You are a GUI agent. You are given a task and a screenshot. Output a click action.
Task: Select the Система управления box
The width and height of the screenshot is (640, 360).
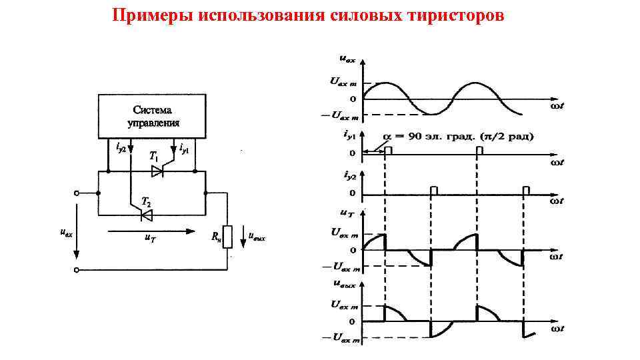(x=153, y=116)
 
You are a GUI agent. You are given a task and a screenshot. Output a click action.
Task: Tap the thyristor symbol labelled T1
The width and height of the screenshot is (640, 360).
(x=157, y=171)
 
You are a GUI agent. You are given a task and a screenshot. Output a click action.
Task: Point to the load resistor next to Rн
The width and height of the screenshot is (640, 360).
(x=227, y=236)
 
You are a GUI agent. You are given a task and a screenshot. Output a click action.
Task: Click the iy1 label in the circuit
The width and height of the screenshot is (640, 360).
(x=185, y=147)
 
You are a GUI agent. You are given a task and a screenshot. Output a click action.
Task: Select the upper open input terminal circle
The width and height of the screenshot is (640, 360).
(x=77, y=193)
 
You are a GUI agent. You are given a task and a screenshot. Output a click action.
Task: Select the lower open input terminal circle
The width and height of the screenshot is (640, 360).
(x=77, y=270)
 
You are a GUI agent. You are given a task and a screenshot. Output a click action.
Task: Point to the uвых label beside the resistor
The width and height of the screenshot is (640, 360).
(x=257, y=236)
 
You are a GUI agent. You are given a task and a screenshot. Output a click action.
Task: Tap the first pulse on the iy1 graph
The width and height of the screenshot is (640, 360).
(x=388, y=151)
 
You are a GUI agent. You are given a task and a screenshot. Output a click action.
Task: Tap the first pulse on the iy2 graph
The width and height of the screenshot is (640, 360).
(x=434, y=191)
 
